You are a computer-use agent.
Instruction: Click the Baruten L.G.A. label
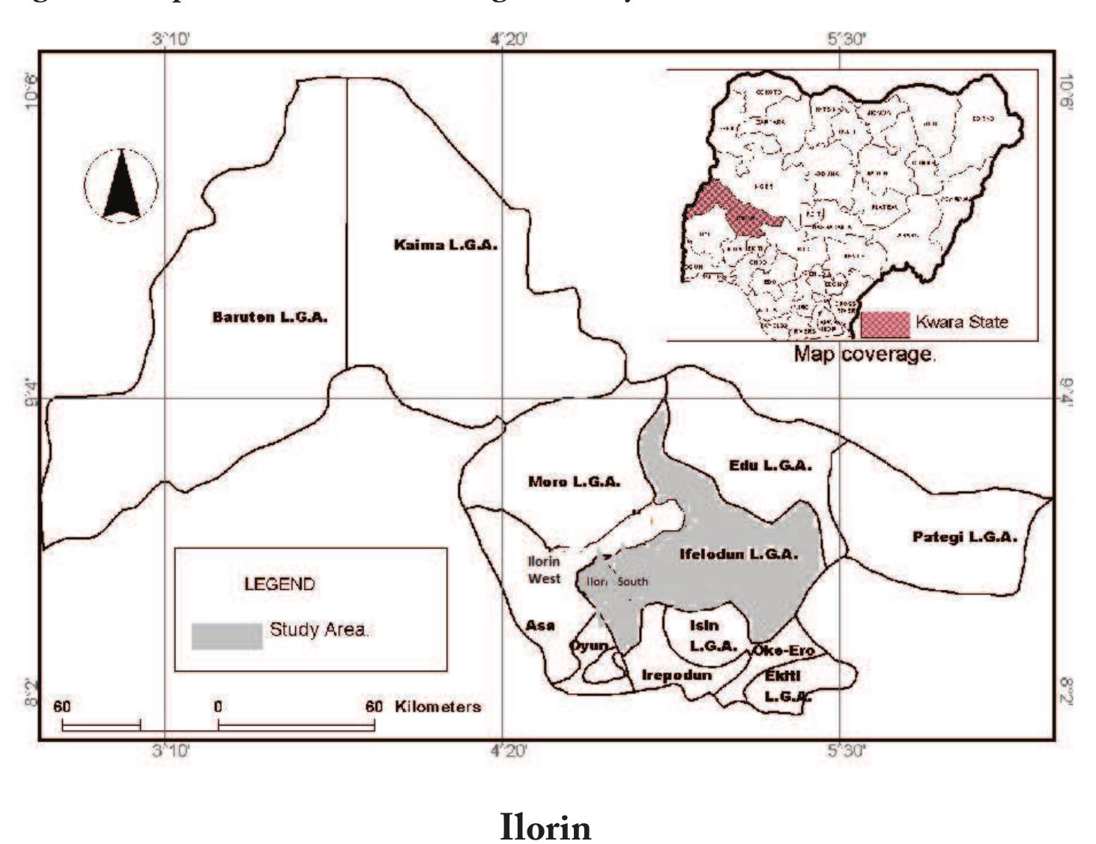pyautogui.click(x=270, y=317)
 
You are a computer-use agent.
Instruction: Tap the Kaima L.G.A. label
pyautogui.click(x=446, y=245)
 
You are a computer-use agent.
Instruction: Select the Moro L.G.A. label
pyautogui.click(x=574, y=481)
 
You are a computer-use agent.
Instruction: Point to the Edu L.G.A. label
pyautogui.click(x=770, y=465)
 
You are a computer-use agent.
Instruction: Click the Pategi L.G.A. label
pyautogui.click(x=964, y=537)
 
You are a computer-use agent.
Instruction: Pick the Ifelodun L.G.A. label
pyautogui.click(x=738, y=555)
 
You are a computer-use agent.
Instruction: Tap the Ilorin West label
pyautogui.click(x=544, y=570)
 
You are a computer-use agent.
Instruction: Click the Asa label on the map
pyautogui.click(x=539, y=625)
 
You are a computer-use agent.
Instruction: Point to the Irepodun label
pyautogui.click(x=676, y=675)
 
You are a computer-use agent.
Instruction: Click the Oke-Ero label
pyautogui.click(x=783, y=650)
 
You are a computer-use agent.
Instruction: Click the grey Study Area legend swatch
pyautogui.click(x=227, y=636)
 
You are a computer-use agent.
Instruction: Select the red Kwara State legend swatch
pyautogui.click(x=885, y=324)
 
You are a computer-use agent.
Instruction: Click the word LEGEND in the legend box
pyautogui.click(x=279, y=584)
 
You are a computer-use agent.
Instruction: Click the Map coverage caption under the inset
pyautogui.click(x=865, y=354)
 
